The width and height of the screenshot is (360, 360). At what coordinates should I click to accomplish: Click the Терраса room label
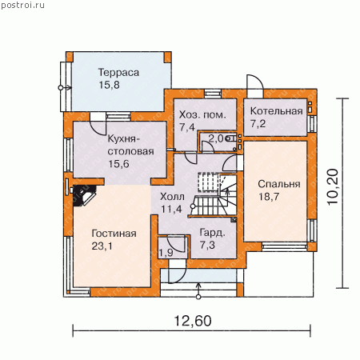(x=118, y=73)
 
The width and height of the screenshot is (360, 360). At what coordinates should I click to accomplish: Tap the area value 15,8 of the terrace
(x=109, y=85)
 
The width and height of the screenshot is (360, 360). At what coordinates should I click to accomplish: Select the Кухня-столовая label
(x=130, y=145)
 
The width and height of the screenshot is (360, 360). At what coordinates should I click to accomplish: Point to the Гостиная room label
(x=114, y=234)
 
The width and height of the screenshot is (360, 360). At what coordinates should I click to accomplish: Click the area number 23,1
(x=102, y=246)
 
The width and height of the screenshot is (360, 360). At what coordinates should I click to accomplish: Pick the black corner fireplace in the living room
(x=84, y=195)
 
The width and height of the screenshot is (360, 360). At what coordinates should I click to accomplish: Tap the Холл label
(x=172, y=197)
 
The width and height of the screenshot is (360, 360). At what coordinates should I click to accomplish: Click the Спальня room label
(x=279, y=184)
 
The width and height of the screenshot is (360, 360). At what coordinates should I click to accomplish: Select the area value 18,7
(x=269, y=197)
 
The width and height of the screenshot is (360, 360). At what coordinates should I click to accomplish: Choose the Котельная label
(x=277, y=111)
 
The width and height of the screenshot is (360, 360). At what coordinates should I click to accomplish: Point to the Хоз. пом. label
(x=202, y=115)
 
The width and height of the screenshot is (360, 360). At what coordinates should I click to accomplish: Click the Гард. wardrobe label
(x=213, y=233)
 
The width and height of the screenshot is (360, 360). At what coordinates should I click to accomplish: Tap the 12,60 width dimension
(x=193, y=321)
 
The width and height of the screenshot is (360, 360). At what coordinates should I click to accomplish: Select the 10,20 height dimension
(x=333, y=186)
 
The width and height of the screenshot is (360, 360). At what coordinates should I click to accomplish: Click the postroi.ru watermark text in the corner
(x=22, y=6)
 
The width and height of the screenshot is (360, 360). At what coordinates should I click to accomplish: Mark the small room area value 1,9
(x=166, y=253)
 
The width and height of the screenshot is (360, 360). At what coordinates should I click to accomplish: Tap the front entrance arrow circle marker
(x=198, y=297)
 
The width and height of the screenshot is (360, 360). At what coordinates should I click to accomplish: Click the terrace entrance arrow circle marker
(x=61, y=87)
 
